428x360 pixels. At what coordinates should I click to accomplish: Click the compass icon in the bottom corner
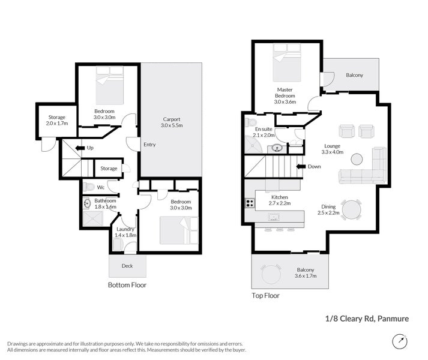coord(400,341)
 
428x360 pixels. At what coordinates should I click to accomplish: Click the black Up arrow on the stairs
coord(80,148)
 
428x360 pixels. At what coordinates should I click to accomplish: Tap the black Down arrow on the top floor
coord(301,166)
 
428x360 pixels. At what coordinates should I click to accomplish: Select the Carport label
coord(172,119)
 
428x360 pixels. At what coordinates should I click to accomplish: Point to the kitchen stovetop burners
coord(250,203)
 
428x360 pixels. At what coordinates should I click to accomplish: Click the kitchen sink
coord(274,217)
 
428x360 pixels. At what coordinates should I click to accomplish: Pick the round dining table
coord(352,209)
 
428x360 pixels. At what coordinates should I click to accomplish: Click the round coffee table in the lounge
coord(357,159)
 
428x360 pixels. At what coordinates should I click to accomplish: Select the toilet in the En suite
coord(250,122)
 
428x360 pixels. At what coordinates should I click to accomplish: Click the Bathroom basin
coord(87,203)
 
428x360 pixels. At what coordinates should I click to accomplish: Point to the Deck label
coord(127,266)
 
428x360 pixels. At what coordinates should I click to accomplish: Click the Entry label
coord(149,145)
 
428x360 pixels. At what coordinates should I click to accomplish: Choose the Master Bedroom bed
coord(286,62)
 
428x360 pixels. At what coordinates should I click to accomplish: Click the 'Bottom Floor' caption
coord(127,285)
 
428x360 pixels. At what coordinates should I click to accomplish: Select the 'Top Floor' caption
coord(265,296)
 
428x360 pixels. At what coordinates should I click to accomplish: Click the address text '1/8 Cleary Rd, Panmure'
coord(367,319)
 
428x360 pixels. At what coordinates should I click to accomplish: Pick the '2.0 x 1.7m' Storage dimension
coord(57,124)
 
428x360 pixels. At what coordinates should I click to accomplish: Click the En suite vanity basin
coord(277,148)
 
